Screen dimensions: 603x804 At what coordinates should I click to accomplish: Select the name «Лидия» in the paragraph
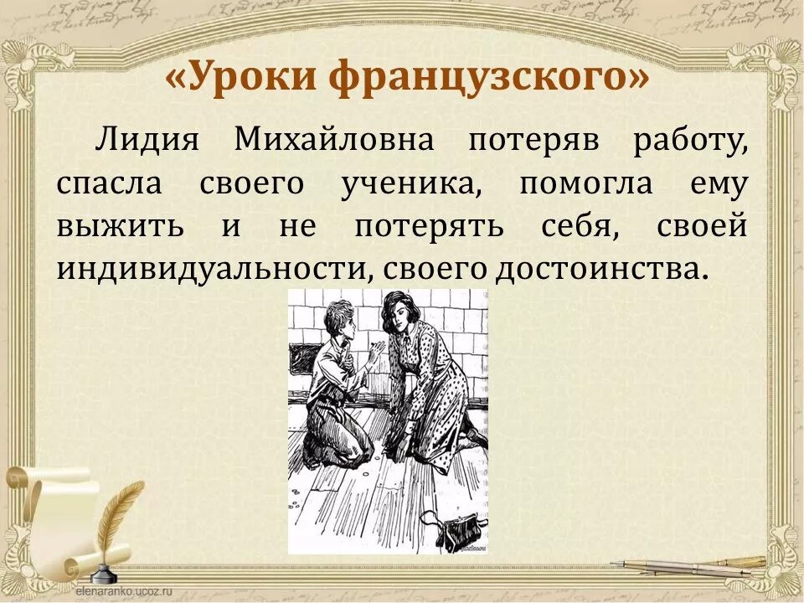click(147, 140)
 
